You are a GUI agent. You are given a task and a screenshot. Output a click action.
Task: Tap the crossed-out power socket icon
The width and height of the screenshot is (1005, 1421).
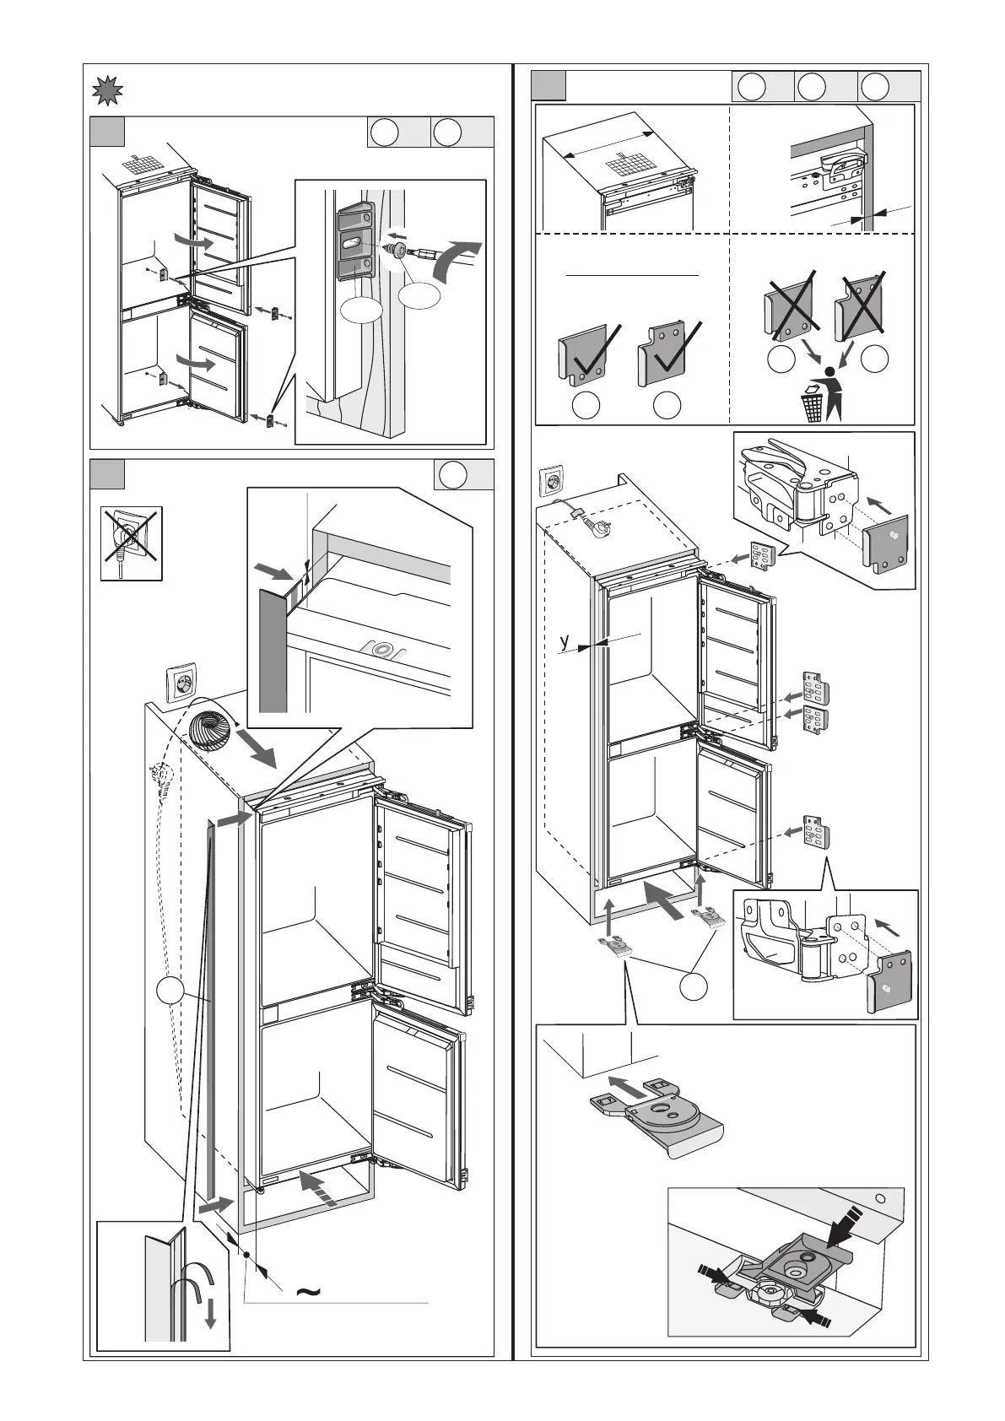(131, 543)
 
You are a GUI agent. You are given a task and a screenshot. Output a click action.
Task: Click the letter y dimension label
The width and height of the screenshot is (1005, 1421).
(565, 642)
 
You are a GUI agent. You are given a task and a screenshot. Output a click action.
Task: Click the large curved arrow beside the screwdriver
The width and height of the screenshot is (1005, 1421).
(457, 257)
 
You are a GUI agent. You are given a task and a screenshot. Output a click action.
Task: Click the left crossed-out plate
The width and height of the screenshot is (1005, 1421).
(788, 300)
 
